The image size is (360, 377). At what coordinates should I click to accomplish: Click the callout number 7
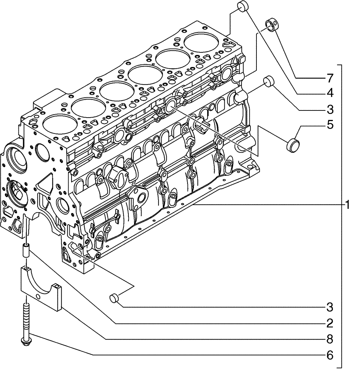click(329, 78)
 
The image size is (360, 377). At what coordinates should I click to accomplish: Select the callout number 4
click(329, 93)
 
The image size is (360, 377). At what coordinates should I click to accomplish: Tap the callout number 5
click(329, 125)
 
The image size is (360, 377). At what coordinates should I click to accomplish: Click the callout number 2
click(329, 323)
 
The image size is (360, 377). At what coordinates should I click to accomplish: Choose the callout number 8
click(329, 339)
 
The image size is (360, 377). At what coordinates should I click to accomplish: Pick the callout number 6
click(329, 355)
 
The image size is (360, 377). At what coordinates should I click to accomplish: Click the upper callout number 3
click(329, 110)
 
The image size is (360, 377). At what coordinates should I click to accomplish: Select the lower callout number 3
click(329, 307)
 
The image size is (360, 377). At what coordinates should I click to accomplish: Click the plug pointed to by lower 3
click(114, 298)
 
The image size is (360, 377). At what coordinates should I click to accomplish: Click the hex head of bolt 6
click(26, 341)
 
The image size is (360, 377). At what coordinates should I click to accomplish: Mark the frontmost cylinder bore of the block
click(58, 124)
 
